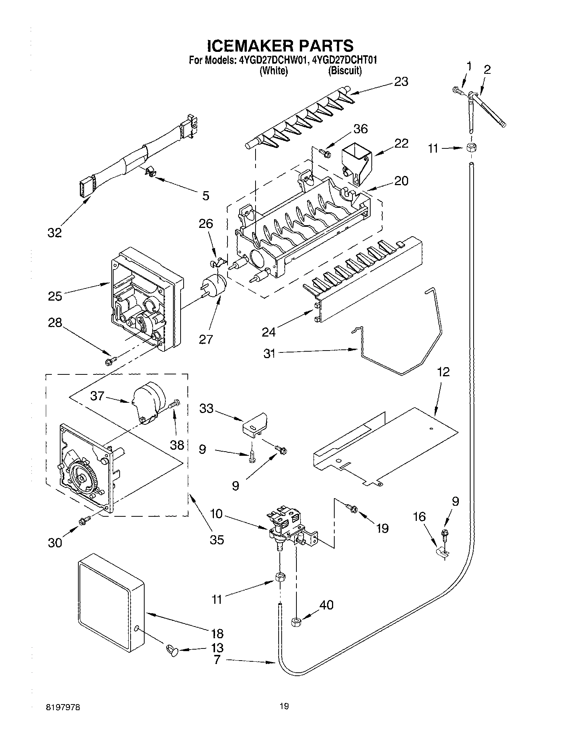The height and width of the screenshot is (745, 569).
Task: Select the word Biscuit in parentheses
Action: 345,70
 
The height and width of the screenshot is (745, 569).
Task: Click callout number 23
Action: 401,82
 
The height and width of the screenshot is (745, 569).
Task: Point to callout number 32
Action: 55,232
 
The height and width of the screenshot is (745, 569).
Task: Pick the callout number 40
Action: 326,605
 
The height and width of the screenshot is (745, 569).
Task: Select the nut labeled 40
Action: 296,622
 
